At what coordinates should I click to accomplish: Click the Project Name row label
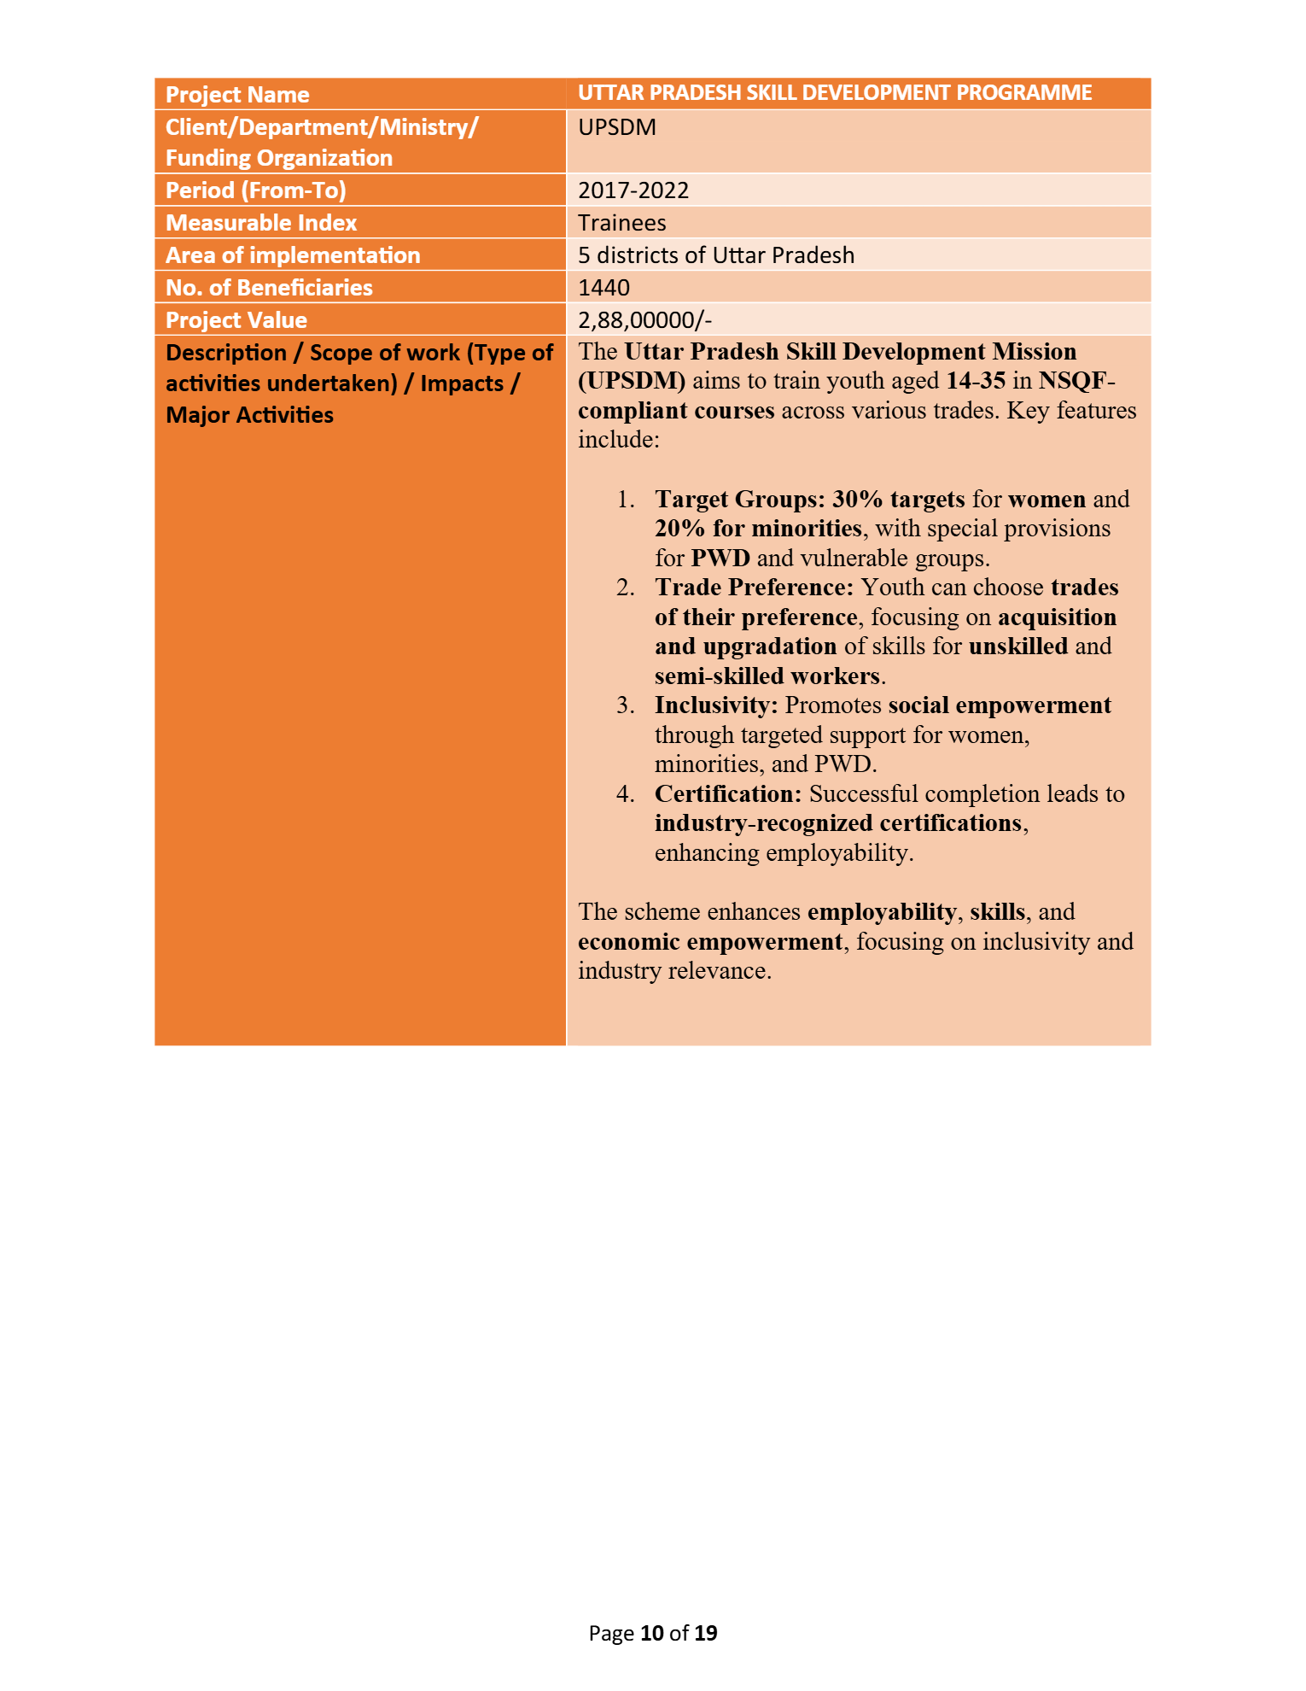point(237,95)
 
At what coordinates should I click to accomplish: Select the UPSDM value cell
point(617,127)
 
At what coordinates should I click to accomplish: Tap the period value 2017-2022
point(633,190)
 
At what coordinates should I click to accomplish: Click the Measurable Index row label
point(261,223)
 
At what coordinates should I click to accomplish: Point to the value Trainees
point(621,223)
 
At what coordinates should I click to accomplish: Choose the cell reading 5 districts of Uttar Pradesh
point(715,255)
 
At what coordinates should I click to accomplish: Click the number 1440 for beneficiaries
point(603,288)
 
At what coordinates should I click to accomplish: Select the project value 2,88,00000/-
point(644,320)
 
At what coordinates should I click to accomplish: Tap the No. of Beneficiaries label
point(269,288)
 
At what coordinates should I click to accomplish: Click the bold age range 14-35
point(976,381)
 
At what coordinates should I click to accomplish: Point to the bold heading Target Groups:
point(740,500)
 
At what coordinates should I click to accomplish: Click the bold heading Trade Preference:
point(754,588)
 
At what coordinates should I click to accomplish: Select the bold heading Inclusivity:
point(716,705)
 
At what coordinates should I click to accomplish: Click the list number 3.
point(625,705)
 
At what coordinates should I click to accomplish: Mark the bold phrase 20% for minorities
point(758,529)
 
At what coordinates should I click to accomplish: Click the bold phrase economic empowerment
point(710,942)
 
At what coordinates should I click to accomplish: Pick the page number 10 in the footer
point(652,1634)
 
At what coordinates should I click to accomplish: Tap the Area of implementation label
point(293,255)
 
